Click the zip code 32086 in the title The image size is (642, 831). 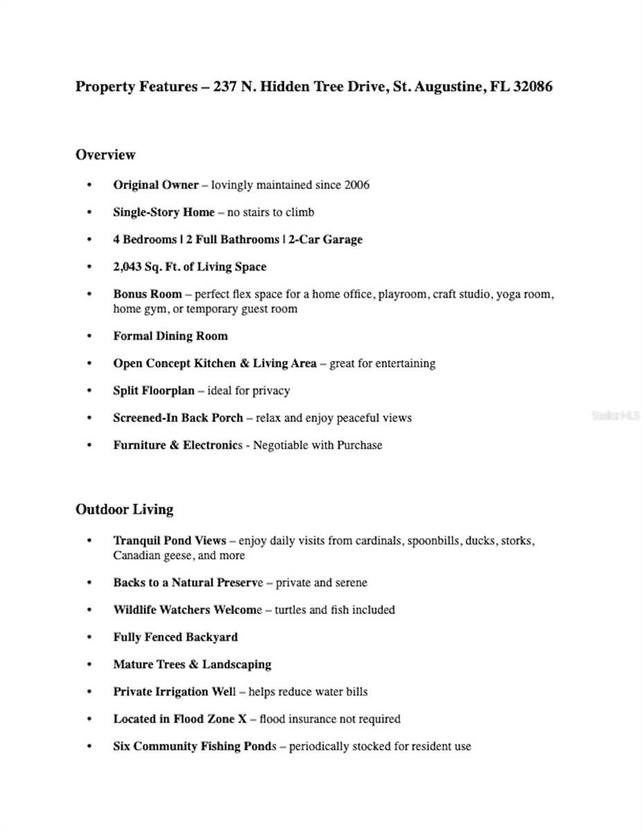click(x=533, y=87)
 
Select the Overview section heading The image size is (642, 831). click(x=105, y=154)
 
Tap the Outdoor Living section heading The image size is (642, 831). click(x=124, y=510)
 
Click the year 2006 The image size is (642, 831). click(x=357, y=185)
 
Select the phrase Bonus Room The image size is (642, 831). click(x=148, y=294)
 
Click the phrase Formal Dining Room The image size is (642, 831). click(x=170, y=336)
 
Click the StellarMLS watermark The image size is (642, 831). click(x=616, y=416)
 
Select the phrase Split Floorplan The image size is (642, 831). click(x=154, y=391)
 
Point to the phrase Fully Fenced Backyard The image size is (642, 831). click(x=175, y=637)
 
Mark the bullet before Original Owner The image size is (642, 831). click(x=89, y=185)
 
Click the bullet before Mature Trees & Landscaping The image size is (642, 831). click(x=89, y=665)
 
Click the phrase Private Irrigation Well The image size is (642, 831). click(x=179, y=692)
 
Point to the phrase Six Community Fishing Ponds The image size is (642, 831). click(x=195, y=747)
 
